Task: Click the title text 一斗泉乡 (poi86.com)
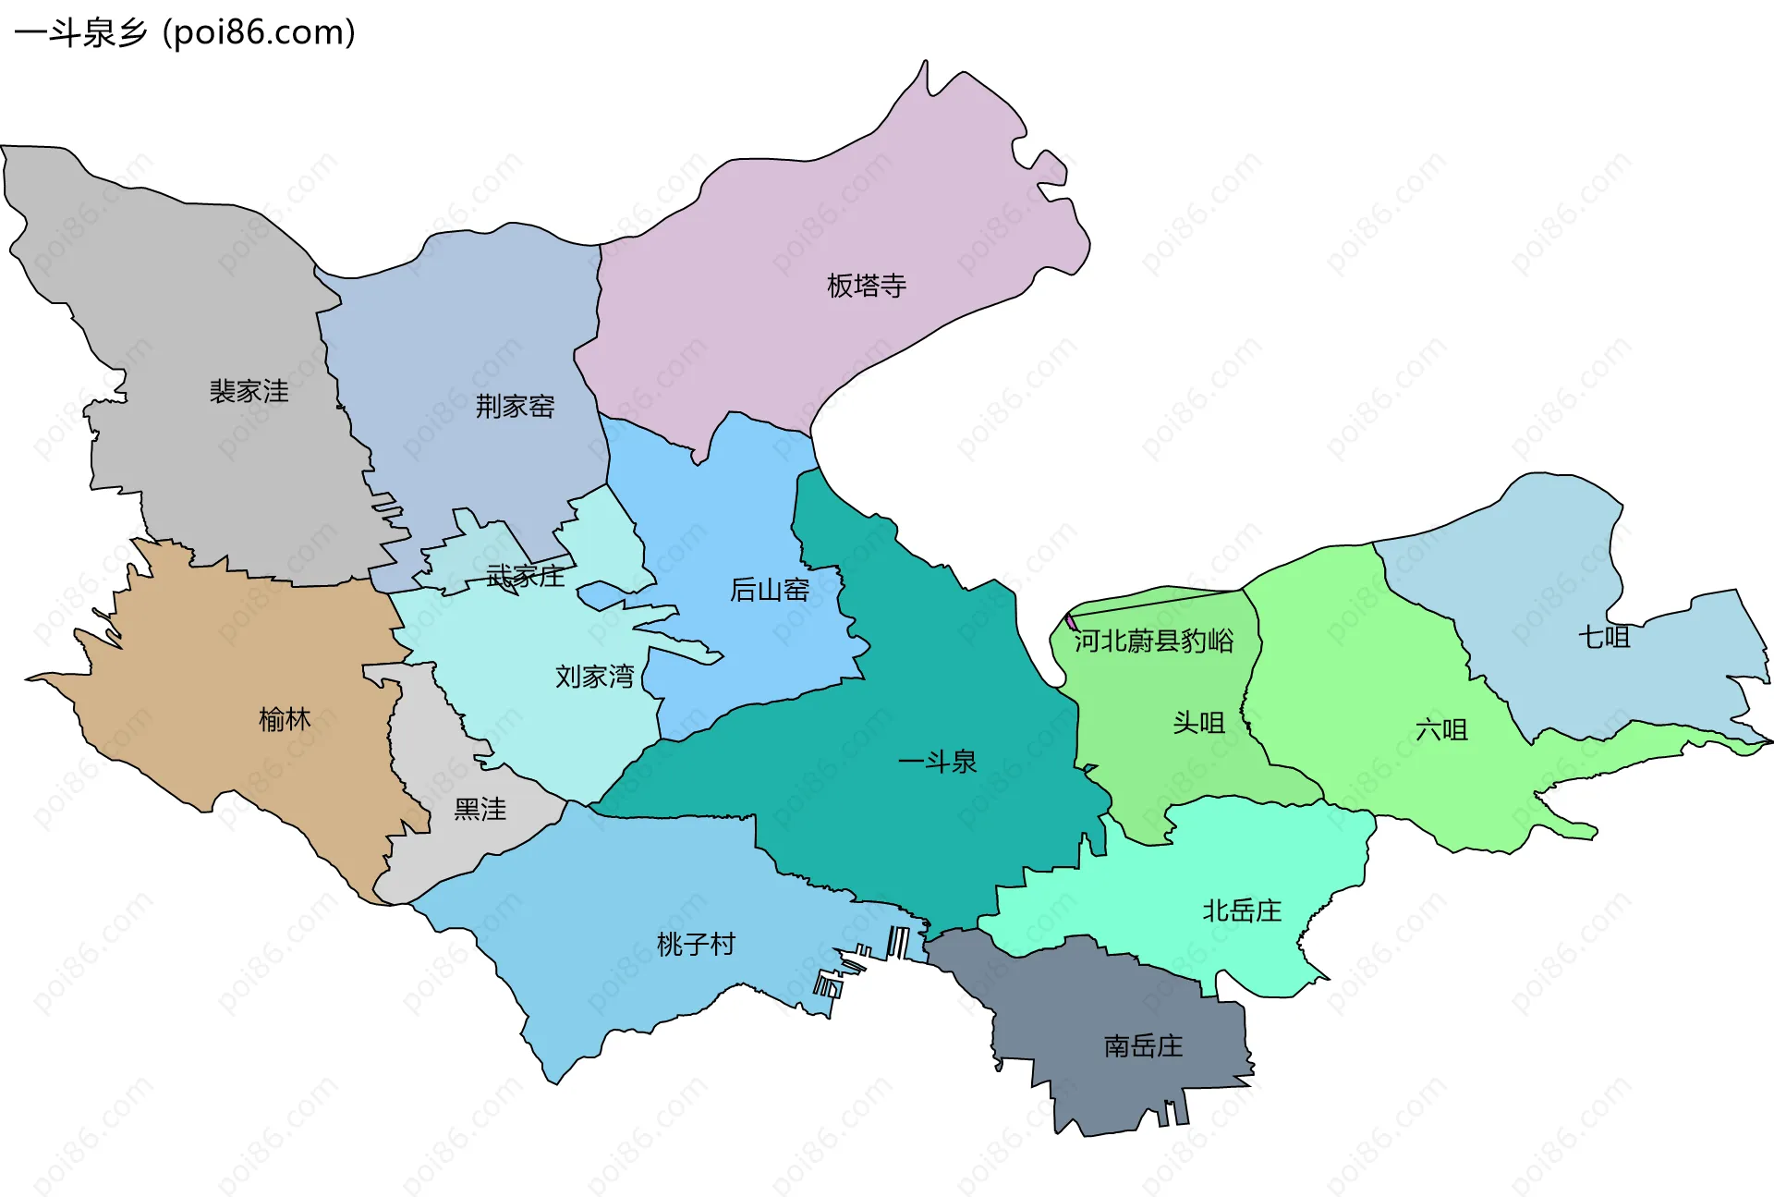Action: [x=185, y=33]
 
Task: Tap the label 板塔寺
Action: [x=866, y=286]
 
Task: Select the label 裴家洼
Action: [x=249, y=391]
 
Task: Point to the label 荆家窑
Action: [x=515, y=406]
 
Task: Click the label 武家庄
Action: [x=525, y=577]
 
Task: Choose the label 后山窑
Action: [x=769, y=590]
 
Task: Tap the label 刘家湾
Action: [x=594, y=677]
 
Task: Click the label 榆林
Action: [x=285, y=719]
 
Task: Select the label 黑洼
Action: [x=480, y=810]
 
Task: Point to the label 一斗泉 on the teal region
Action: [x=937, y=762]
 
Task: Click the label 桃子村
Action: [x=696, y=944]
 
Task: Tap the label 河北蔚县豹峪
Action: [x=1153, y=641]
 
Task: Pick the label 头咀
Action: [x=1198, y=723]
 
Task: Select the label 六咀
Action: [x=1441, y=730]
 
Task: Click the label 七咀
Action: [x=1603, y=637]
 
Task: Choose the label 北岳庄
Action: [x=1241, y=911]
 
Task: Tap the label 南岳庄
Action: [x=1143, y=1046]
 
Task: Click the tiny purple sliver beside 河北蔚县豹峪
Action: [x=1071, y=622]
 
